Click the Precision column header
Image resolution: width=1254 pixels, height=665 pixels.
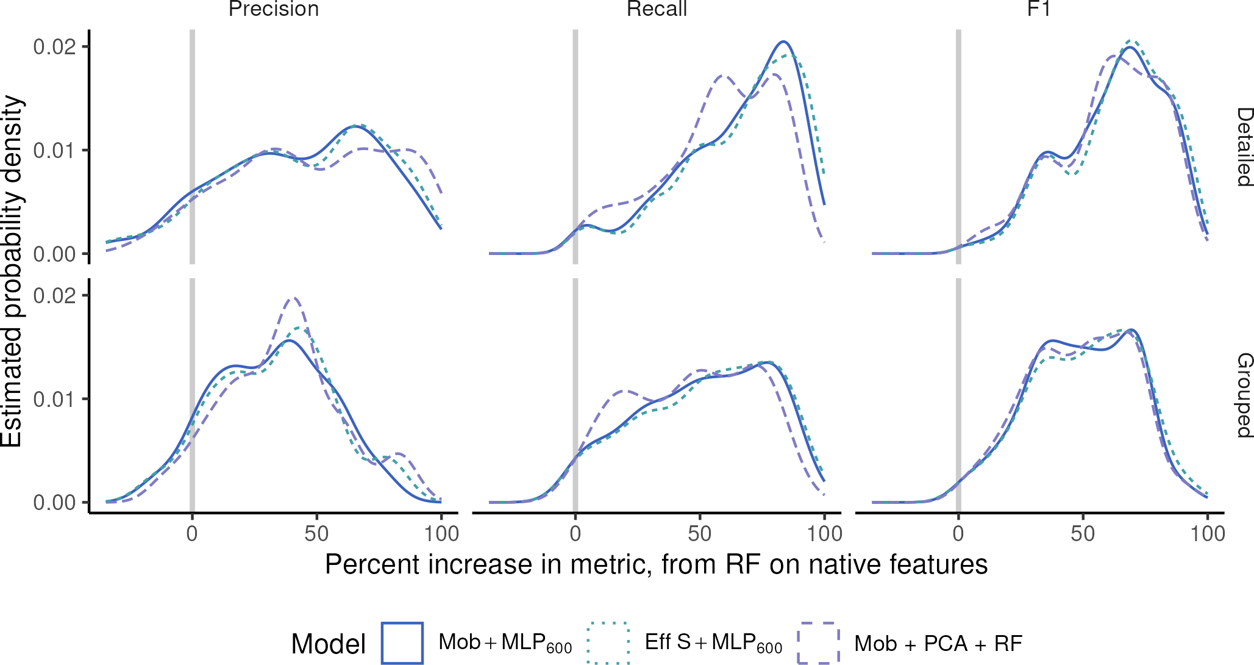click(273, 9)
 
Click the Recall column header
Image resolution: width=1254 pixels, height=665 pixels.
click(657, 9)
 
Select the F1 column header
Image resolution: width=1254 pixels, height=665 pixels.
click(1039, 9)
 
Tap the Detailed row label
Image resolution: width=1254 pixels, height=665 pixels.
click(1244, 147)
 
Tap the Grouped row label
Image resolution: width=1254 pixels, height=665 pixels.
click(1244, 395)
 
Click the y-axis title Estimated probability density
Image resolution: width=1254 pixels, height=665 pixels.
click(12, 271)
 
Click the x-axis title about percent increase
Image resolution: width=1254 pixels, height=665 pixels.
click(656, 564)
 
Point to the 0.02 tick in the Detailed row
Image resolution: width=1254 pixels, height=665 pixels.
click(55, 47)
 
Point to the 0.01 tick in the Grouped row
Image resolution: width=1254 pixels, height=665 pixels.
click(55, 400)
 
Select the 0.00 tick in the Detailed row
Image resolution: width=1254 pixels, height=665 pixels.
click(55, 254)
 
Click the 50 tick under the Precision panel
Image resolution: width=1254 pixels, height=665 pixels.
click(316, 534)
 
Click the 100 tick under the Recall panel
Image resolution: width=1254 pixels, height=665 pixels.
click(824, 534)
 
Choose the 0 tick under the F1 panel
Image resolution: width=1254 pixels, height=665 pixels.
click(958, 534)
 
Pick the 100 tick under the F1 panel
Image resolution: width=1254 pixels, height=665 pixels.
click(1207, 534)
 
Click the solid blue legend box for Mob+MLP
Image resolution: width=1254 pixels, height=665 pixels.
click(402, 642)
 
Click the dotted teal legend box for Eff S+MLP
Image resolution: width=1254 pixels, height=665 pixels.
click(608, 642)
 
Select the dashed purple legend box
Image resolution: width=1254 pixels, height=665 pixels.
click(818, 642)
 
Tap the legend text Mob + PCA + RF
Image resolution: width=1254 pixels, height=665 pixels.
click(938, 644)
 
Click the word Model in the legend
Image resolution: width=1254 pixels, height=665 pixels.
click(329, 644)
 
